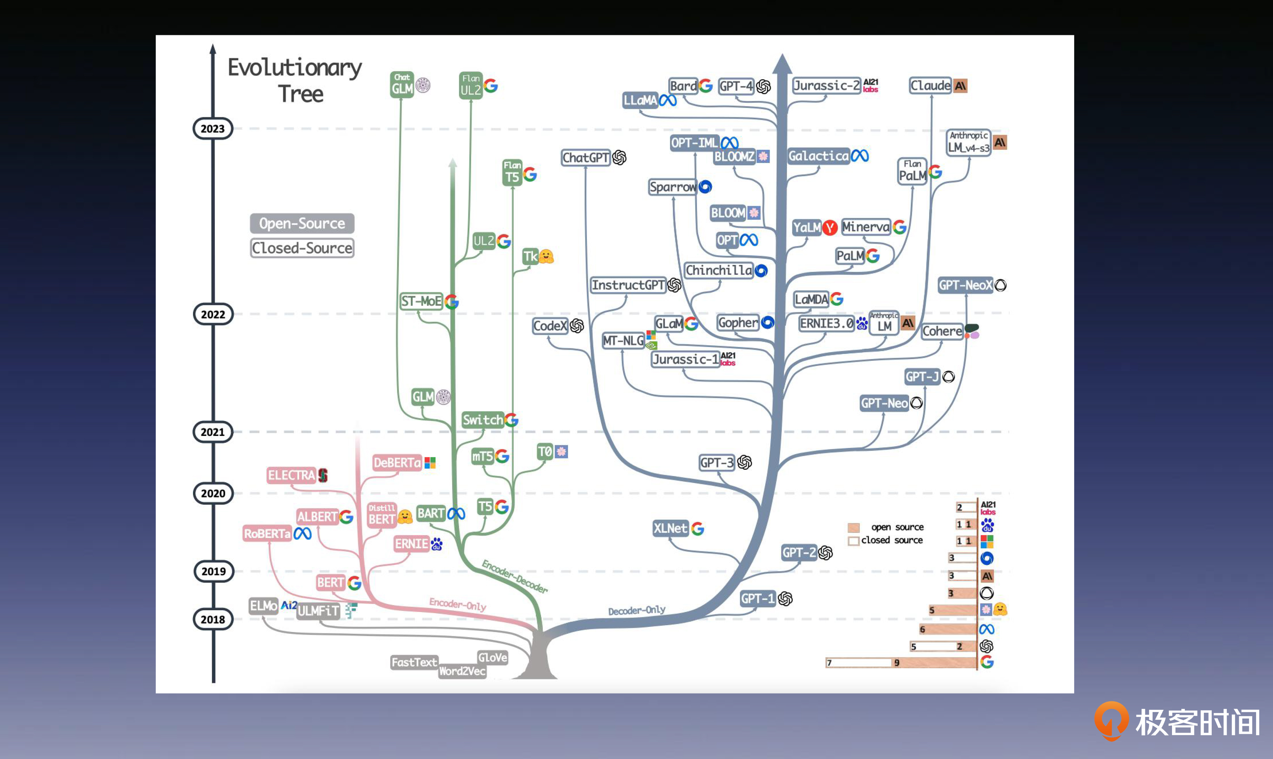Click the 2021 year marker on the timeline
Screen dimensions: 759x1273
click(x=212, y=432)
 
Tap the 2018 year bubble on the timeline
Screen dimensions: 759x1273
click(x=213, y=619)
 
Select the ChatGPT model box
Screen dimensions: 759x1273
click(x=586, y=157)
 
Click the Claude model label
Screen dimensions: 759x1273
click(x=930, y=85)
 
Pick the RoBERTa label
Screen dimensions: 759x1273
click(x=267, y=533)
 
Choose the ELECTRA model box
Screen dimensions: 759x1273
click(x=291, y=475)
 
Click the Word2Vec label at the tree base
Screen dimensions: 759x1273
click(x=462, y=671)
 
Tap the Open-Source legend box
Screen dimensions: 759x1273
click(x=302, y=223)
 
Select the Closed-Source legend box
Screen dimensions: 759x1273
click(x=302, y=248)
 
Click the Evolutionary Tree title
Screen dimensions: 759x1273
click(x=295, y=80)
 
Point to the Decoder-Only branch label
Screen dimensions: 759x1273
click(x=636, y=610)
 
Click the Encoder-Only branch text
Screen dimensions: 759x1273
click(x=457, y=605)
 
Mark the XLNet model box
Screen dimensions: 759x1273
click(x=670, y=528)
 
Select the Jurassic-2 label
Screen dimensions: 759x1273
click(x=826, y=85)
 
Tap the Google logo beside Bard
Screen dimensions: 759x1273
click(x=705, y=86)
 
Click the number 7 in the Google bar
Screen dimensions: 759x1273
click(x=829, y=663)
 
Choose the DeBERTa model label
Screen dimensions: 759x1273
click(x=397, y=463)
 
